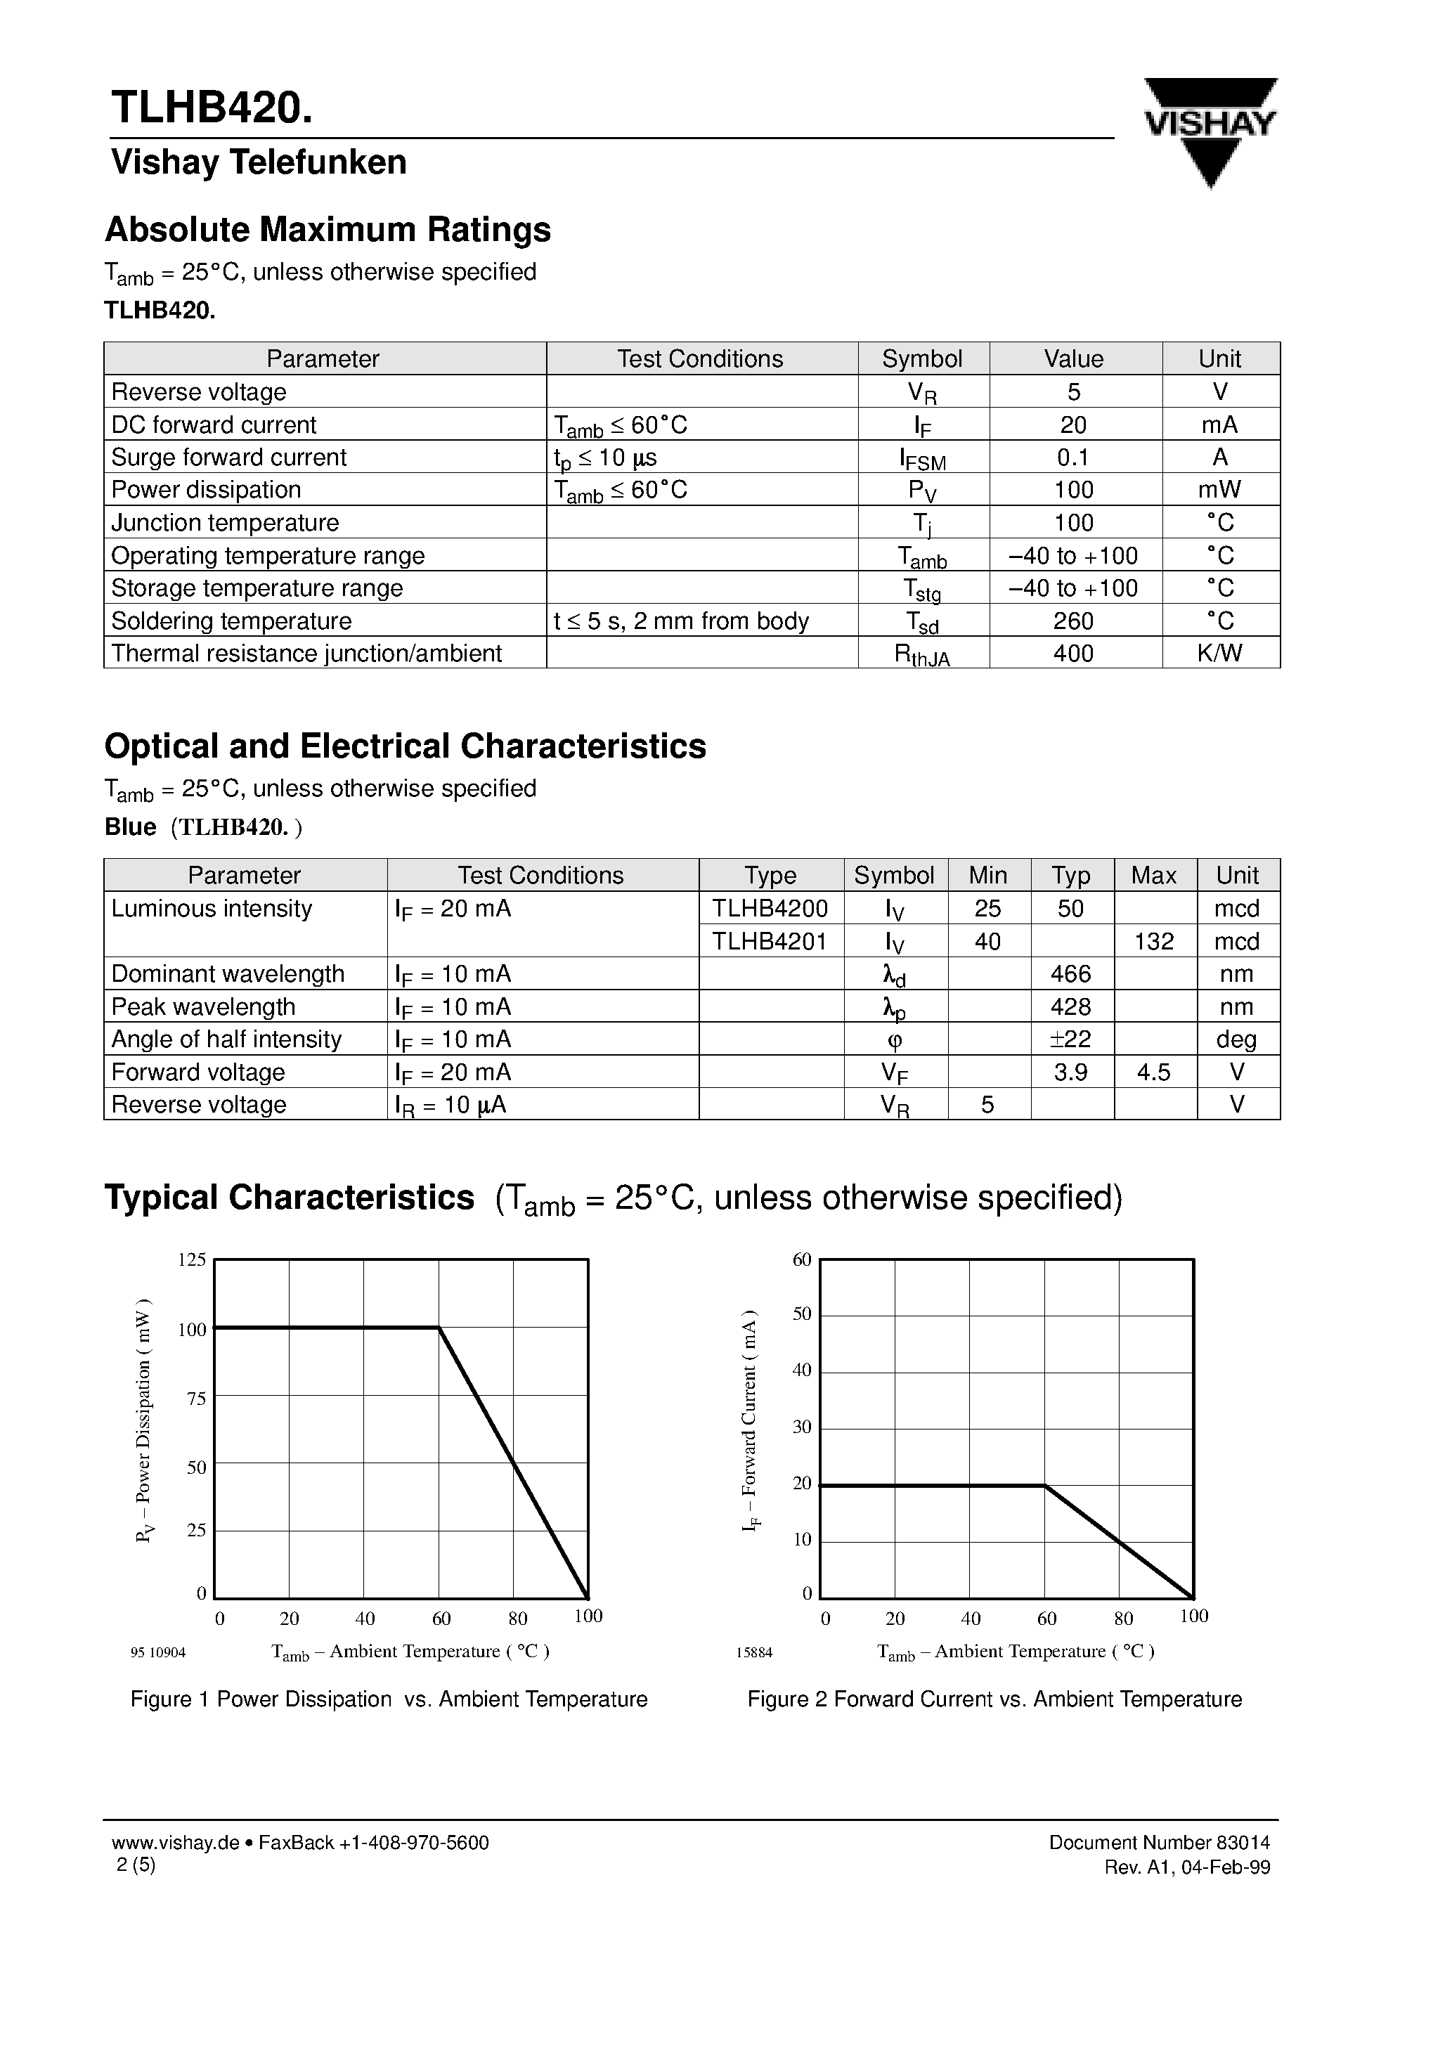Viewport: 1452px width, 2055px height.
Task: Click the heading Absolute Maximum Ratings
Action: [x=328, y=230]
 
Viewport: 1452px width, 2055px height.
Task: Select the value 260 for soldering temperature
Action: [x=1073, y=621]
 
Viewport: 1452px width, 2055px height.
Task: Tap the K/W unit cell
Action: [x=1219, y=654]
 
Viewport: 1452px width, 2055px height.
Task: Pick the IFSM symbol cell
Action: [x=922, y=458]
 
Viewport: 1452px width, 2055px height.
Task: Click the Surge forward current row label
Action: [x=228, y=458]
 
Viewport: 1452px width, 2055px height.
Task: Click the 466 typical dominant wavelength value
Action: [x=1070, y=974]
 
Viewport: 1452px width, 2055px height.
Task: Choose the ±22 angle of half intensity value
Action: [x=1070, y=1039]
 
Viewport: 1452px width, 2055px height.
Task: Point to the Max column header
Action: [x=1153, y=876]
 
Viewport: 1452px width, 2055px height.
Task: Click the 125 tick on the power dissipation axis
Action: [x=192, y=1260]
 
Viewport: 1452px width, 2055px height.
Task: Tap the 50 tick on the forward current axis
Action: [x=801, y=1315]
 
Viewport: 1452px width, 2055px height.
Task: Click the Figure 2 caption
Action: [x=994, y=1699]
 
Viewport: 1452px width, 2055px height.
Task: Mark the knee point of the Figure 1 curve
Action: [x=439, y=1328]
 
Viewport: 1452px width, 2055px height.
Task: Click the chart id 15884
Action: [x=753, y=1653]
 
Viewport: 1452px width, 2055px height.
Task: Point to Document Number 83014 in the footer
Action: [x=1158, y=1843]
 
